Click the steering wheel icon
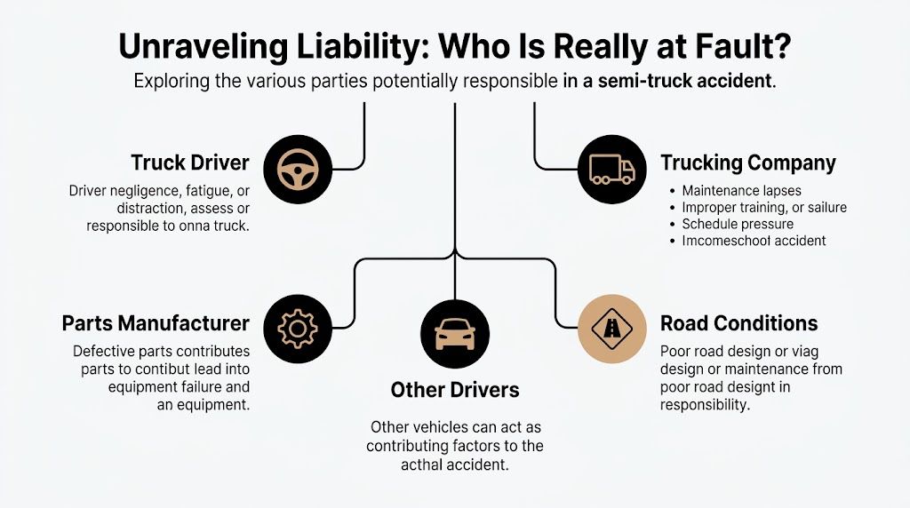point(291,168)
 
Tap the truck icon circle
point(611,168)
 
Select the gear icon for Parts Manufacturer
point(297,329)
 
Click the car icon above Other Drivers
point(454,333)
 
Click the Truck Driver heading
point(190,163)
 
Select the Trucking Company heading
point(748,163)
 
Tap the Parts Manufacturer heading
point(156,322)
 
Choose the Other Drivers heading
point(455,389)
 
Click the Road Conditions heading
point(739,322)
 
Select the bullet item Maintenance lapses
point(741,191)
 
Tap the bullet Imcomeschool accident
point(754,241)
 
